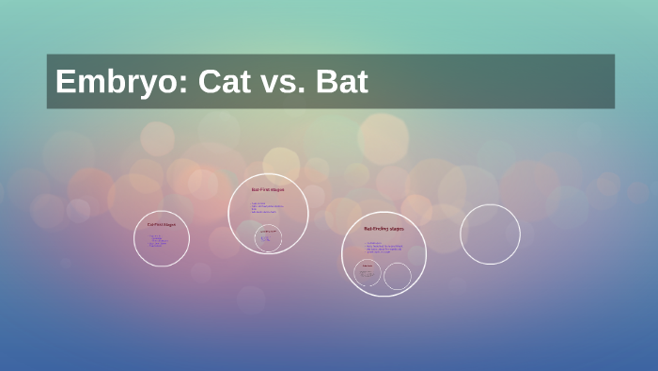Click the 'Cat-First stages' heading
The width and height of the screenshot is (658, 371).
click(162, 224)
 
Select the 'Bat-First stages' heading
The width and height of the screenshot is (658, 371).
click(268, 189)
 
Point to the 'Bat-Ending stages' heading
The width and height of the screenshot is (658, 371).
click(384, 229)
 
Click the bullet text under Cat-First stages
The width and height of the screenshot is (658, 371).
click(156, 240)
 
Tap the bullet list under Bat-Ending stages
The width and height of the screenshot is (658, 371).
click(384, 248)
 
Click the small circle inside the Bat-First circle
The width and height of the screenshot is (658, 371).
click(269, 237)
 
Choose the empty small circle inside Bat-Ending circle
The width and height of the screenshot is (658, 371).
click(398, 276)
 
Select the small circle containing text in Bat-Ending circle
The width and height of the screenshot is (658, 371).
click(368, 274)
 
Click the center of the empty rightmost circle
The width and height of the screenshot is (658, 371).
click(490, 234)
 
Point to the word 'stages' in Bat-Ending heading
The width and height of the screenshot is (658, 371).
click(396, 229)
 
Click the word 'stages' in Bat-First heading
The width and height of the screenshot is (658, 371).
click(277, 189)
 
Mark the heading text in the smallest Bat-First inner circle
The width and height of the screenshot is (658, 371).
click(269, 231)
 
